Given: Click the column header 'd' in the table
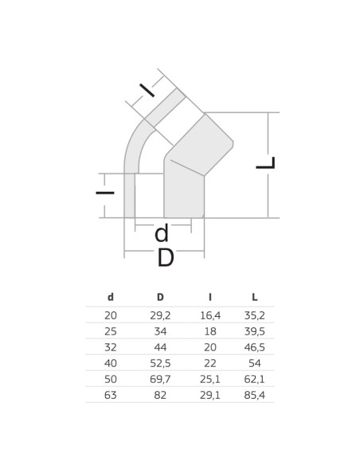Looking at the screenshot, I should [x=111, y=297].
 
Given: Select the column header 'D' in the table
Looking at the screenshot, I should [x=160, y=297].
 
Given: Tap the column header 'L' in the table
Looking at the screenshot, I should [x=254, y=297].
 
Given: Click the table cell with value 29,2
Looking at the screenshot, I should [x=160, y=315].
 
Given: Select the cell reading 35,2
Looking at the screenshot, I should [x=254, y=315].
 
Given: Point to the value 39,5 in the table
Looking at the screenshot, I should [x=254, y=330].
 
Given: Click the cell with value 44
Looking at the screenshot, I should [x=160, y=346].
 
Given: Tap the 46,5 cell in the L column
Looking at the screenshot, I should [x=254, y=346].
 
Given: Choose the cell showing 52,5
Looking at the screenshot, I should [x=160, y=362].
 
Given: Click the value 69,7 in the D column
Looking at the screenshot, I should [x=160, y=378].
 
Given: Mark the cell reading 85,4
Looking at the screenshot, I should [x=254, y=394].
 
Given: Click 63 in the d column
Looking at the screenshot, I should [x=111, y=394].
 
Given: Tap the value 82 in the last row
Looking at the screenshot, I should [x=160, y=394].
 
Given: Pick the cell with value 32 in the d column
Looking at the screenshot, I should [x=111, y=346].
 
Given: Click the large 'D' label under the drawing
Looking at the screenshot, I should [x=165, y=258].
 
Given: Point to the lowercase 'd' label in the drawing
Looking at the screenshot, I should [x=162, y=233].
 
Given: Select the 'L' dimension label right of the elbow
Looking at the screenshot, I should [x=265, y=163].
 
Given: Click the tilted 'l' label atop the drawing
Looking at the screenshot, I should [x=147, y=90].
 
